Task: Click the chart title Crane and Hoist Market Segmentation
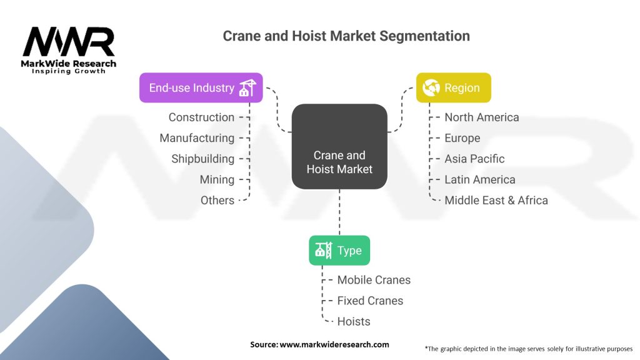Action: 346,36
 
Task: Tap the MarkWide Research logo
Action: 69,50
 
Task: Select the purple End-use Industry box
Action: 201,87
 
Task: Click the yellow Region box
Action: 454,87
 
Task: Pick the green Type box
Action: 339,250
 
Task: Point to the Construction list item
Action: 201,117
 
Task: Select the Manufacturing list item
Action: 197,138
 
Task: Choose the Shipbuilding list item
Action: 202,159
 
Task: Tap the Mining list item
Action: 217,179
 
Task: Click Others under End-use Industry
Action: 217,200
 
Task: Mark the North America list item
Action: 481,117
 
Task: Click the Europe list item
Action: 462,138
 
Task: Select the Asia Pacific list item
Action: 474,159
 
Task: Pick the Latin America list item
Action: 480,179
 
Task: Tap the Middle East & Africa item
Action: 496,200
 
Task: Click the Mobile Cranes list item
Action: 374,280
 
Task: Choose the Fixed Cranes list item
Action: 370,301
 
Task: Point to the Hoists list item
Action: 354,321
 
